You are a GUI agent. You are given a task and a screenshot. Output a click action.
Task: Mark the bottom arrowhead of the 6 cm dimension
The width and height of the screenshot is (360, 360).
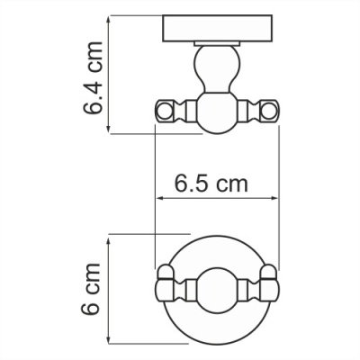110,340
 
